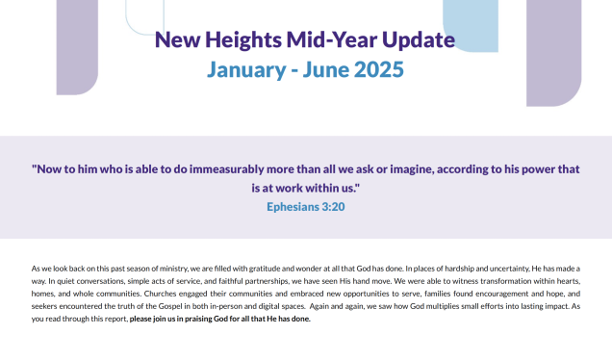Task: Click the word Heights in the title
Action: [243, 40]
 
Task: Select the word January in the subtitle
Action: [246, 70]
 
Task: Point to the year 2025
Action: [378, 69]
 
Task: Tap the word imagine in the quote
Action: [412, 169]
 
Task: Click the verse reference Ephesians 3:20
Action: [306, 207]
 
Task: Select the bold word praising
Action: [198, 319]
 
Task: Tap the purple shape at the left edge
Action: [77, 47]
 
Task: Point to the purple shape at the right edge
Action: [554, 53]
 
